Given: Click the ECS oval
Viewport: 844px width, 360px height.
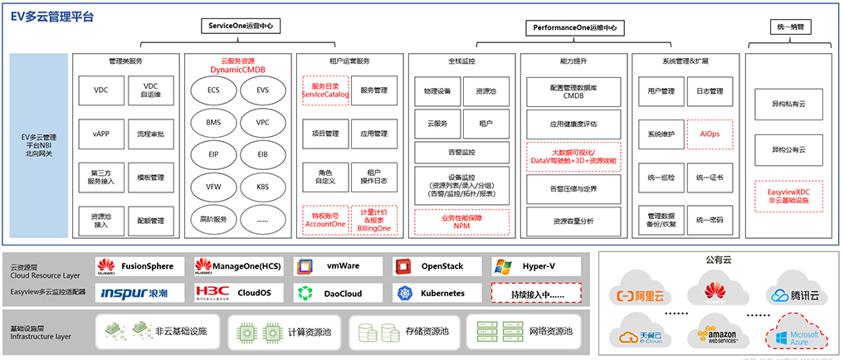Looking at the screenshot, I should (x=214, y=90).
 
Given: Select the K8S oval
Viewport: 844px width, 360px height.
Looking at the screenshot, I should (x=262, y=187).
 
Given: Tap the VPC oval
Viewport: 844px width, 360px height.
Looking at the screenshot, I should (x=262, y=122).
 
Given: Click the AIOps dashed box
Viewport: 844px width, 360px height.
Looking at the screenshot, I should (x=710, y=134).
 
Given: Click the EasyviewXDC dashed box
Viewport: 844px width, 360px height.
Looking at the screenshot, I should (x=788, y=195).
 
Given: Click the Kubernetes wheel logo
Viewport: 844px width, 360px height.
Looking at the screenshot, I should (x=404, y=293).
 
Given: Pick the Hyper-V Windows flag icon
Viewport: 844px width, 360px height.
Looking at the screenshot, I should (x=502, y=266).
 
